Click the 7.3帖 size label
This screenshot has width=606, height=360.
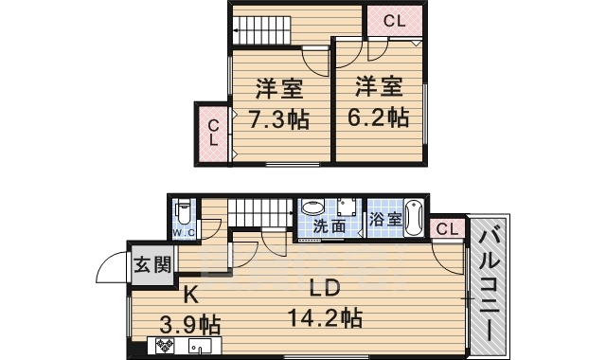[x=277, y=121]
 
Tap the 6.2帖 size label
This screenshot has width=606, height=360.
[x=380, y=117]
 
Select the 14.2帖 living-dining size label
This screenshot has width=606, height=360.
[x=326, y=316]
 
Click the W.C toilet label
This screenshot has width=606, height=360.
[x=184, y=232]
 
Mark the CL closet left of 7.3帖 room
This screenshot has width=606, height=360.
[x=214, y=132]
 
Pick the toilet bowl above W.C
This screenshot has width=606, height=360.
[x=184, y=211]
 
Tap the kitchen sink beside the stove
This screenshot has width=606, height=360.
[x=199, y=347]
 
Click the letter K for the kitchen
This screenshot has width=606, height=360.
[x=189, y=293]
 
